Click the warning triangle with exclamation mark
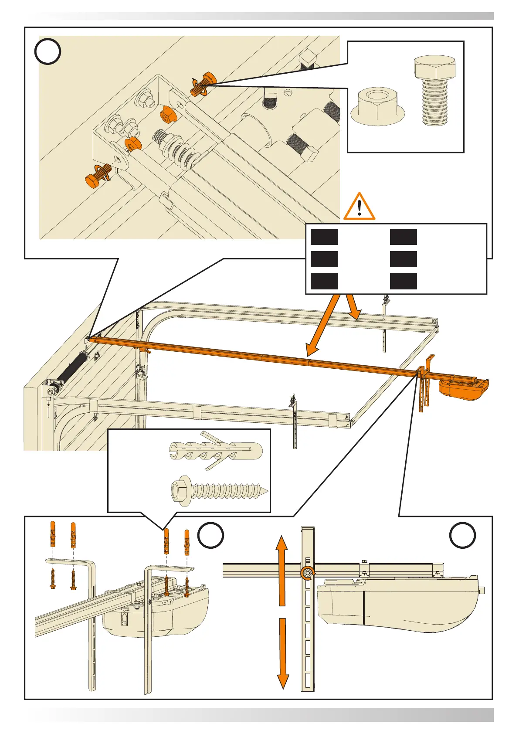click(x=359, y=207)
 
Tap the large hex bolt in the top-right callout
click(x=434, y=91)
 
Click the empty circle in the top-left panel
click(x=47, y=51)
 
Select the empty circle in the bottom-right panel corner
click(x=462, y=535)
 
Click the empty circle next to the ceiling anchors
click(x=211, y=535)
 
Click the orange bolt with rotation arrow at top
click(x=203, y=84)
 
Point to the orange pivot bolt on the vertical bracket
click(x=308, y=573)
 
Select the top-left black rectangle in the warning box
click(x=324, y=237)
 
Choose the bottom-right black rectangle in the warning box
click(x=403, y=281)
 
